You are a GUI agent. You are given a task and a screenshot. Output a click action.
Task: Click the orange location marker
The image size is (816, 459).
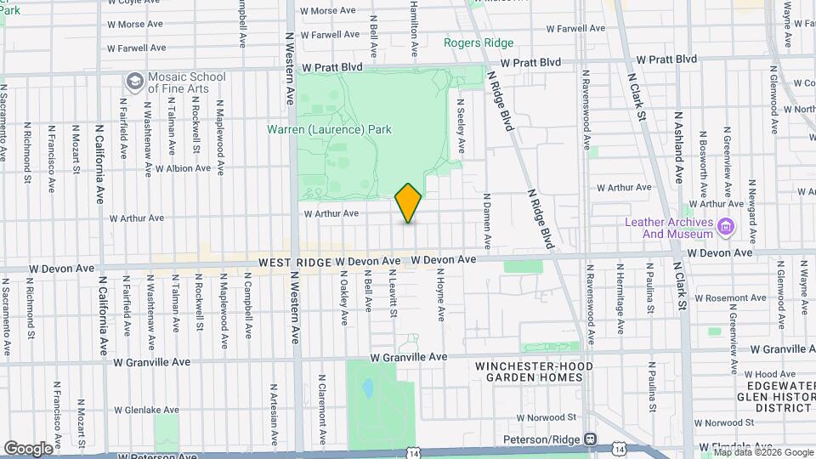coord(408,203)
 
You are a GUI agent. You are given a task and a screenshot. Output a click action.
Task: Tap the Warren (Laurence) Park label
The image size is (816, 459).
coord(329,130)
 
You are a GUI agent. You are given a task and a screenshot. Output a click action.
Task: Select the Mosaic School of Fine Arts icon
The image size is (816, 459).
coord(134,82)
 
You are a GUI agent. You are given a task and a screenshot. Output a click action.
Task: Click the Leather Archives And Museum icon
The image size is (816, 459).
coord(726,227)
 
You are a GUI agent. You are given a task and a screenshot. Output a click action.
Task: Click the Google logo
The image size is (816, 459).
coord(28,448)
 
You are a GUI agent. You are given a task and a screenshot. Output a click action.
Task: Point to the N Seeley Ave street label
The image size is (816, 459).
coord(460,126)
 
